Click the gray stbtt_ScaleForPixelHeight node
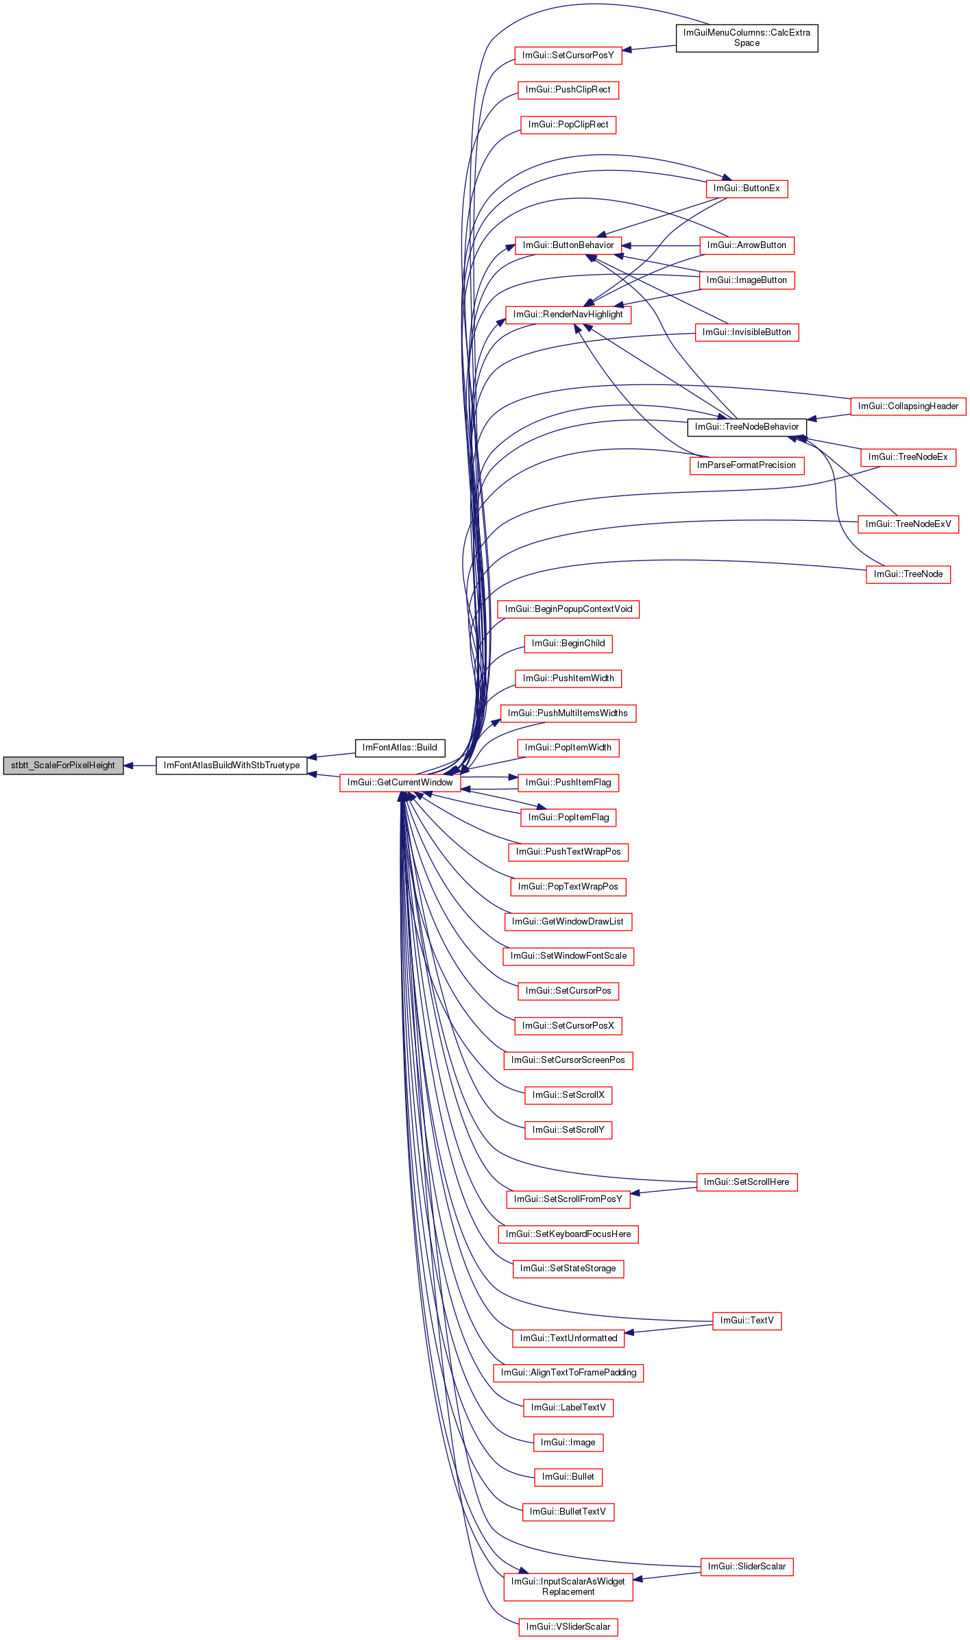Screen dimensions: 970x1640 click(63, 766)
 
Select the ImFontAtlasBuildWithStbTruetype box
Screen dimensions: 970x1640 click(232, 766)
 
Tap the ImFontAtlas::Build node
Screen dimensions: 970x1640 click(400, 748)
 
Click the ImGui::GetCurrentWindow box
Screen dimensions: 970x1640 click(400, 783)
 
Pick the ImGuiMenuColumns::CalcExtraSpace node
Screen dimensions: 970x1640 click(747, 38)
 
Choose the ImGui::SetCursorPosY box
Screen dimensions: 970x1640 click(568, 56)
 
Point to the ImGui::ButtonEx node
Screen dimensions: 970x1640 click(747, 188)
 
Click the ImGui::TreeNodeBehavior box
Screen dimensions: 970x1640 click(747, 427)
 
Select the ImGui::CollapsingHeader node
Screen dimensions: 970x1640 click(908, 406)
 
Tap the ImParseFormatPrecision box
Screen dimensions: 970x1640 click(747, 465)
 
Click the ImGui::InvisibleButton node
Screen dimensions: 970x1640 click(747, 332)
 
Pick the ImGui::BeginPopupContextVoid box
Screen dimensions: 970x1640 click(568, 609)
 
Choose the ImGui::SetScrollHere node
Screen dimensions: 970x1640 click(747, 1182)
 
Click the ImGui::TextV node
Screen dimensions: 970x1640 click(747, 1321)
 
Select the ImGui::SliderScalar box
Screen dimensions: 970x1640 click(747, 1567)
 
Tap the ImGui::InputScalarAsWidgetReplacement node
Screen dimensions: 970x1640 click(568, 1587)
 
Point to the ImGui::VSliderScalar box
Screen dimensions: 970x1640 click(568, 1627)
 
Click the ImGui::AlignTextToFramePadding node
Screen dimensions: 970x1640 click(568, 1373)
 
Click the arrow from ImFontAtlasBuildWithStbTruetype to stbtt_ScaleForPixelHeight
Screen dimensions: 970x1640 click(140, 766)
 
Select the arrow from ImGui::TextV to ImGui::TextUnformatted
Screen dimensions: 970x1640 click(668, 1330)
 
